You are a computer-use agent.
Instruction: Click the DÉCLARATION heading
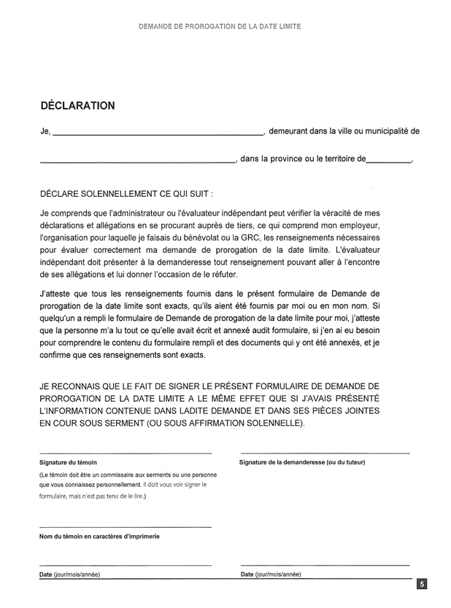coord(77,106)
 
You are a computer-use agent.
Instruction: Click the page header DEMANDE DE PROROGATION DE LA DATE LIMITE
coord(220,26)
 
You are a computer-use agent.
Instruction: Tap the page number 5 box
coord(423,584)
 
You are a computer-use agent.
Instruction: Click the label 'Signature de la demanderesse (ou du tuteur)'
coord(302,463)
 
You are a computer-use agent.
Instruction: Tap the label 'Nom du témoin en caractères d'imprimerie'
coord(99,536)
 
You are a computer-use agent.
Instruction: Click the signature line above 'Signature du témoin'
coord(125,453)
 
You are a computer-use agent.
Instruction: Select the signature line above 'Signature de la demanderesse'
coord(325,453)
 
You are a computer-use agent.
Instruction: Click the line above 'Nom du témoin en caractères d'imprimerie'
coord(125,526)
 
